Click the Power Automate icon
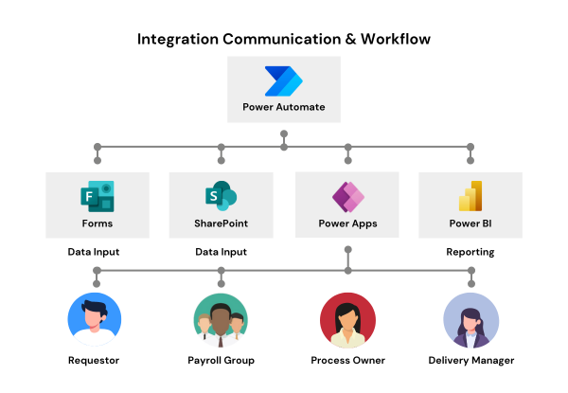pyautogui.click(x=283, y=81)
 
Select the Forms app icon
pyautogui.click(x=97, y=198)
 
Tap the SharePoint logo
pyautogui.click(x=221, y=198)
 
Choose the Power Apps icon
pyautogui.click(x=347, y=198)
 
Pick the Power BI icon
pyautogui.click(x=470, y=196)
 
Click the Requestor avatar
pyautogui.click(x=96, y=319)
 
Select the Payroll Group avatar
pyautogui.click(x=222, y=319)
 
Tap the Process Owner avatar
pyautogui.click(x=347, y=319)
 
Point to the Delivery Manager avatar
pyautogui.click(x=470, y=319)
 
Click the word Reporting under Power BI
pyautogui.click(x=470, y=252)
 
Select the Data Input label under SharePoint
pyautogui.click(x=221, y=252)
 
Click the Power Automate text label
pyautogui.click(x=283, y=107)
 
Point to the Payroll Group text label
pyautogui.click(x=222, y=361)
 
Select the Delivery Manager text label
pyautogui.click(x=470, y=361)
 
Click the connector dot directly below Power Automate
pyautogui.click(x=283, y=134)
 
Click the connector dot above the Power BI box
pyautogui.click(x=470, y=147)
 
